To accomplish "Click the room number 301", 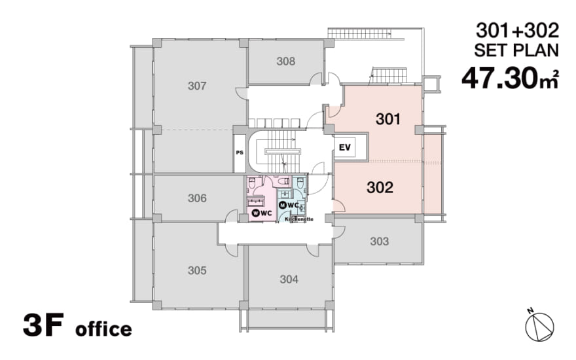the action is (x=388, y=119).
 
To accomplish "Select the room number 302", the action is (x=380, y=187).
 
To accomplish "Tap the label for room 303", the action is (x=380, y=242).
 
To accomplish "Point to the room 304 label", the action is (x=289, y=279).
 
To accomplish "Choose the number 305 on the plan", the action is (x=197, y=270).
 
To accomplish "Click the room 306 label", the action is (x=197, y=198).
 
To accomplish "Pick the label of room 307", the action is (x=197, y=86).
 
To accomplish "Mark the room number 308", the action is (x=286, y=61).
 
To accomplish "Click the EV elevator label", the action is (x=344, y=148).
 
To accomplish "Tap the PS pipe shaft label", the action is (x=240, y=153).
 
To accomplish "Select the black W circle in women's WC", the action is (x=256, y=213).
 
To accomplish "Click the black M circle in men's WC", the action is (x=283, y=205).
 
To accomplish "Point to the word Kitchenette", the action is (x=299, y=219).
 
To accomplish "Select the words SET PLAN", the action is (x=516, y=50).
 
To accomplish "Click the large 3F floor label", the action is (x=43, y=325).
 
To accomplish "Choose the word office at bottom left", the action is (x=103, y=329).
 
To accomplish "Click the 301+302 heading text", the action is (x=517, y=31).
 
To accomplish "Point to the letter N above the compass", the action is (x=530, y=311).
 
